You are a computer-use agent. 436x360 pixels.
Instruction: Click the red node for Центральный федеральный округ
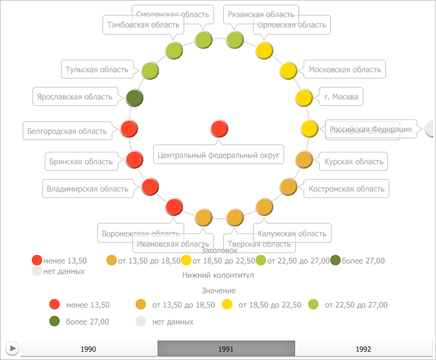[x=219, y=129]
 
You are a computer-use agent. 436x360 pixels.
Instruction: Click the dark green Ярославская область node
[x=134, y=98]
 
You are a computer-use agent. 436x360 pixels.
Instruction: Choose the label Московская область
[x=345, y=69]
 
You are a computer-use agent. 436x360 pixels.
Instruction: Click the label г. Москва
[x=341, y=97]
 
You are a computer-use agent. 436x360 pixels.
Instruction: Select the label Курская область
[x=354, y=161]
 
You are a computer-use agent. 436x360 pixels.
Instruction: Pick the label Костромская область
[x=347, y=189]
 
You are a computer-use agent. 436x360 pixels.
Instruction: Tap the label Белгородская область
[x=67, y=131]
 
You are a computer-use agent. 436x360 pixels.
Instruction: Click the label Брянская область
[x=80, y=161]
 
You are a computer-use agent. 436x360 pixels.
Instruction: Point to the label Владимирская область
[x=88, y=189]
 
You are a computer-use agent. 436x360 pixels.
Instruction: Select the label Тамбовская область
[x=142, y=25]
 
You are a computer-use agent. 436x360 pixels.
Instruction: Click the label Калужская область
[x=292, y=233]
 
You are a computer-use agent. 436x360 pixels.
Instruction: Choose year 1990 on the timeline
[x=88, y=349]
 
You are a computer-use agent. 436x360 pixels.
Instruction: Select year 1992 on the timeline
[x=363, y=349]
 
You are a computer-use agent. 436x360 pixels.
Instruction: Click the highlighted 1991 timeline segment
[x=226, y=349]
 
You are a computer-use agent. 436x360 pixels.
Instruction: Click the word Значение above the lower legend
[x=218, y=291]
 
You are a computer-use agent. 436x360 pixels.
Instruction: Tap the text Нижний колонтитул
[x=218, y=275]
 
